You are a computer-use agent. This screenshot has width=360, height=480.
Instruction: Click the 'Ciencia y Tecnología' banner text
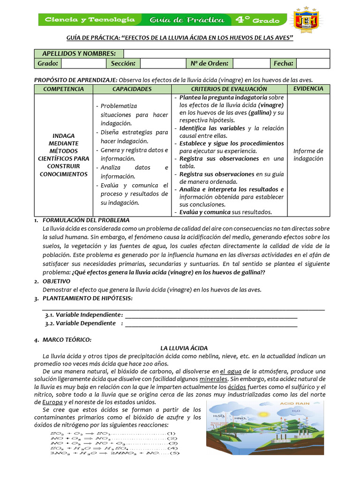coord(90,20)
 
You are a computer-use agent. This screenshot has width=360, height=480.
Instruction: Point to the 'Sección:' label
coord(123,63)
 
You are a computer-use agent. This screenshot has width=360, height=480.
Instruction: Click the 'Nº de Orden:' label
coord(210,63)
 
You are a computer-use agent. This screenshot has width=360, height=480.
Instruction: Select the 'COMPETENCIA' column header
coord(64,89)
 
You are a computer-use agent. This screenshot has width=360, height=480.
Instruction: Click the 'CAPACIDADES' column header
coord(132,89)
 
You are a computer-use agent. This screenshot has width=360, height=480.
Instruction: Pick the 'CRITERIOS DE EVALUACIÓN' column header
coord(229,89)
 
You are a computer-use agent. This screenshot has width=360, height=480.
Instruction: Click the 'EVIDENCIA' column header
coord(308,89)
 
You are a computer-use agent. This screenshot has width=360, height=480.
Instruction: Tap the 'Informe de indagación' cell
coord(308,155)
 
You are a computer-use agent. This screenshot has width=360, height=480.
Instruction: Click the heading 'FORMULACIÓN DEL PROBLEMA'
coord(86,220)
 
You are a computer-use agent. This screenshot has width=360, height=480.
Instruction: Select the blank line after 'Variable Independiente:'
coord(211,315)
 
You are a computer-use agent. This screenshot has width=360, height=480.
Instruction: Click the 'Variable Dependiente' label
coord(80,323)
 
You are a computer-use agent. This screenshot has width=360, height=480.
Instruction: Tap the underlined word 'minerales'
coord(213,379)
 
